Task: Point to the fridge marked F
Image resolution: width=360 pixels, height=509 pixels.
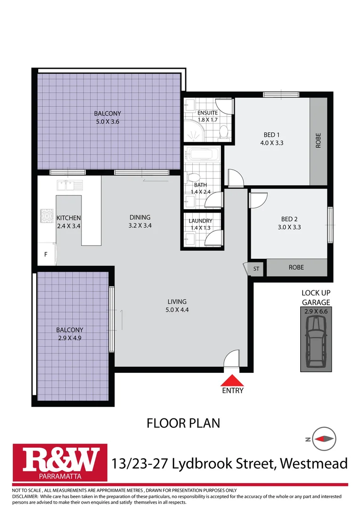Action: (x=46, y=254)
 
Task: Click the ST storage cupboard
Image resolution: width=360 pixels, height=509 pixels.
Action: (x=256, y=268)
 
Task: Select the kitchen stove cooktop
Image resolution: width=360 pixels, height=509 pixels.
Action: (x=48, y=216)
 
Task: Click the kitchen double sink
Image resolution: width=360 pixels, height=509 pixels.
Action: (x=69, y=184)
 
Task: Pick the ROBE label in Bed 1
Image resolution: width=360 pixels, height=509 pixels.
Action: (x=318, y=142)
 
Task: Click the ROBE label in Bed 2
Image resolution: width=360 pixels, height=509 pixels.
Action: (x=296, y=267)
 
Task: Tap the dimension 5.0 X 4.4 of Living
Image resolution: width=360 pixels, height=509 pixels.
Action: (x=177, y=310)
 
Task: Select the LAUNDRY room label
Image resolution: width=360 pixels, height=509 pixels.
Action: (x=201, y=221)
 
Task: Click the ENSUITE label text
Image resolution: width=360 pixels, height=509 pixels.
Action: (x=207, y=113)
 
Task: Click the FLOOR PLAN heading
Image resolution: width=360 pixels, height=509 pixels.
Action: (x=183, y=423)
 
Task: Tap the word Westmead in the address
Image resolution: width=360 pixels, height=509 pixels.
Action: (x=313, y=463)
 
